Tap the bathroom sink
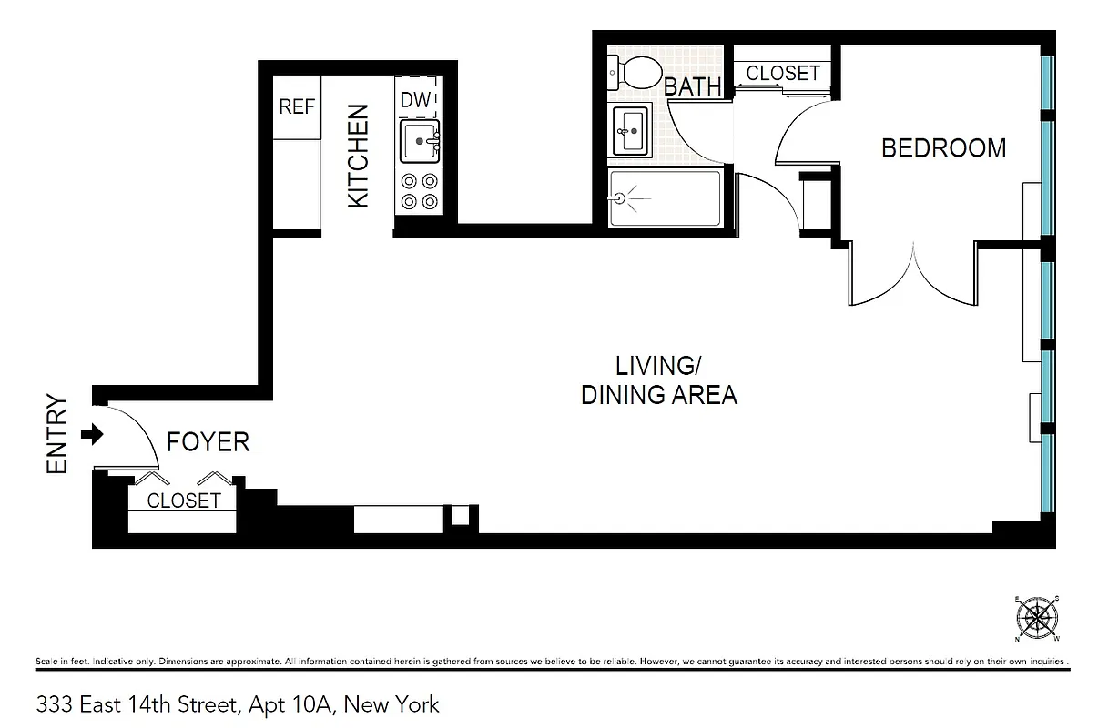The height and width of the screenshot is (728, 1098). click(x=630, y=129)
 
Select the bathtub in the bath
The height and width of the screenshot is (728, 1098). click(x=665, y=197)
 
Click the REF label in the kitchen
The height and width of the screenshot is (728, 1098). click(x=297, y=106)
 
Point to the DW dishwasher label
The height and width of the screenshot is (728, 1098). click(x=415, y=100)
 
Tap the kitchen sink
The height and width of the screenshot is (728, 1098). click(x=420, y=142)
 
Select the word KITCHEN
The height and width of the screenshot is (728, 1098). click(x=359, y=156)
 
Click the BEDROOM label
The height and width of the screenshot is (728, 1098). click(x=943, y=148)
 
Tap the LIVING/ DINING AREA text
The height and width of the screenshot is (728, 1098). click(x=658, y=380)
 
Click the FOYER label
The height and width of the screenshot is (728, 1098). click(x=208, y=442)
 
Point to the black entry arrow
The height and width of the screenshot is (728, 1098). click(x=93, y=435)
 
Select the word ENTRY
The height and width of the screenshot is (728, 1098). click(x=57, y=434)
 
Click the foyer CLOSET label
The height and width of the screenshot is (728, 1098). click(x=183, y=500)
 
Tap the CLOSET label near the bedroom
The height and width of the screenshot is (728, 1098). click(x=783, y=73)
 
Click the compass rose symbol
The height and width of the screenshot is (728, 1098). click(x=1036, y=619)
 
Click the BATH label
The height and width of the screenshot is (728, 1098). click(x=692, y=87)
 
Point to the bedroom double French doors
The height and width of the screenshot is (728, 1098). click(x=913, y=278)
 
